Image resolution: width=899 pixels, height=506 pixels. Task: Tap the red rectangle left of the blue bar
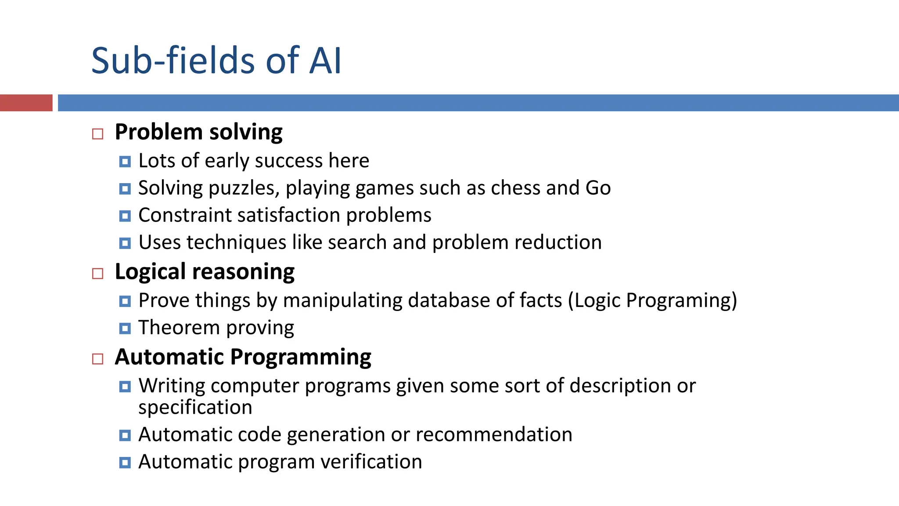tap(26, 103)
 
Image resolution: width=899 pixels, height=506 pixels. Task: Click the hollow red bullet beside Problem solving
tap(97, 134)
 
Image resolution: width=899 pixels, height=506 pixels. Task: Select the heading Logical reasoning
tap(205, 271)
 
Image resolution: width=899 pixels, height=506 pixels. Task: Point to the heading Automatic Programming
tap(243, 357)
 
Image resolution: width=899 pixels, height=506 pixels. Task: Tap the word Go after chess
tap(598, 188)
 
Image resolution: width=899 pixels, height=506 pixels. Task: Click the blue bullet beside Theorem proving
tap(125, 328)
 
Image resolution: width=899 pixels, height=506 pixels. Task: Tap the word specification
tap(195, 408)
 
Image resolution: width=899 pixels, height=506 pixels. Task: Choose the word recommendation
tap(494, 435)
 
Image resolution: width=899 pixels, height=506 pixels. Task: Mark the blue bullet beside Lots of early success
tap(125, 162)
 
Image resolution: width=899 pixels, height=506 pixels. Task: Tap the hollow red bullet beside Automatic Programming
tap(97, 359)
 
